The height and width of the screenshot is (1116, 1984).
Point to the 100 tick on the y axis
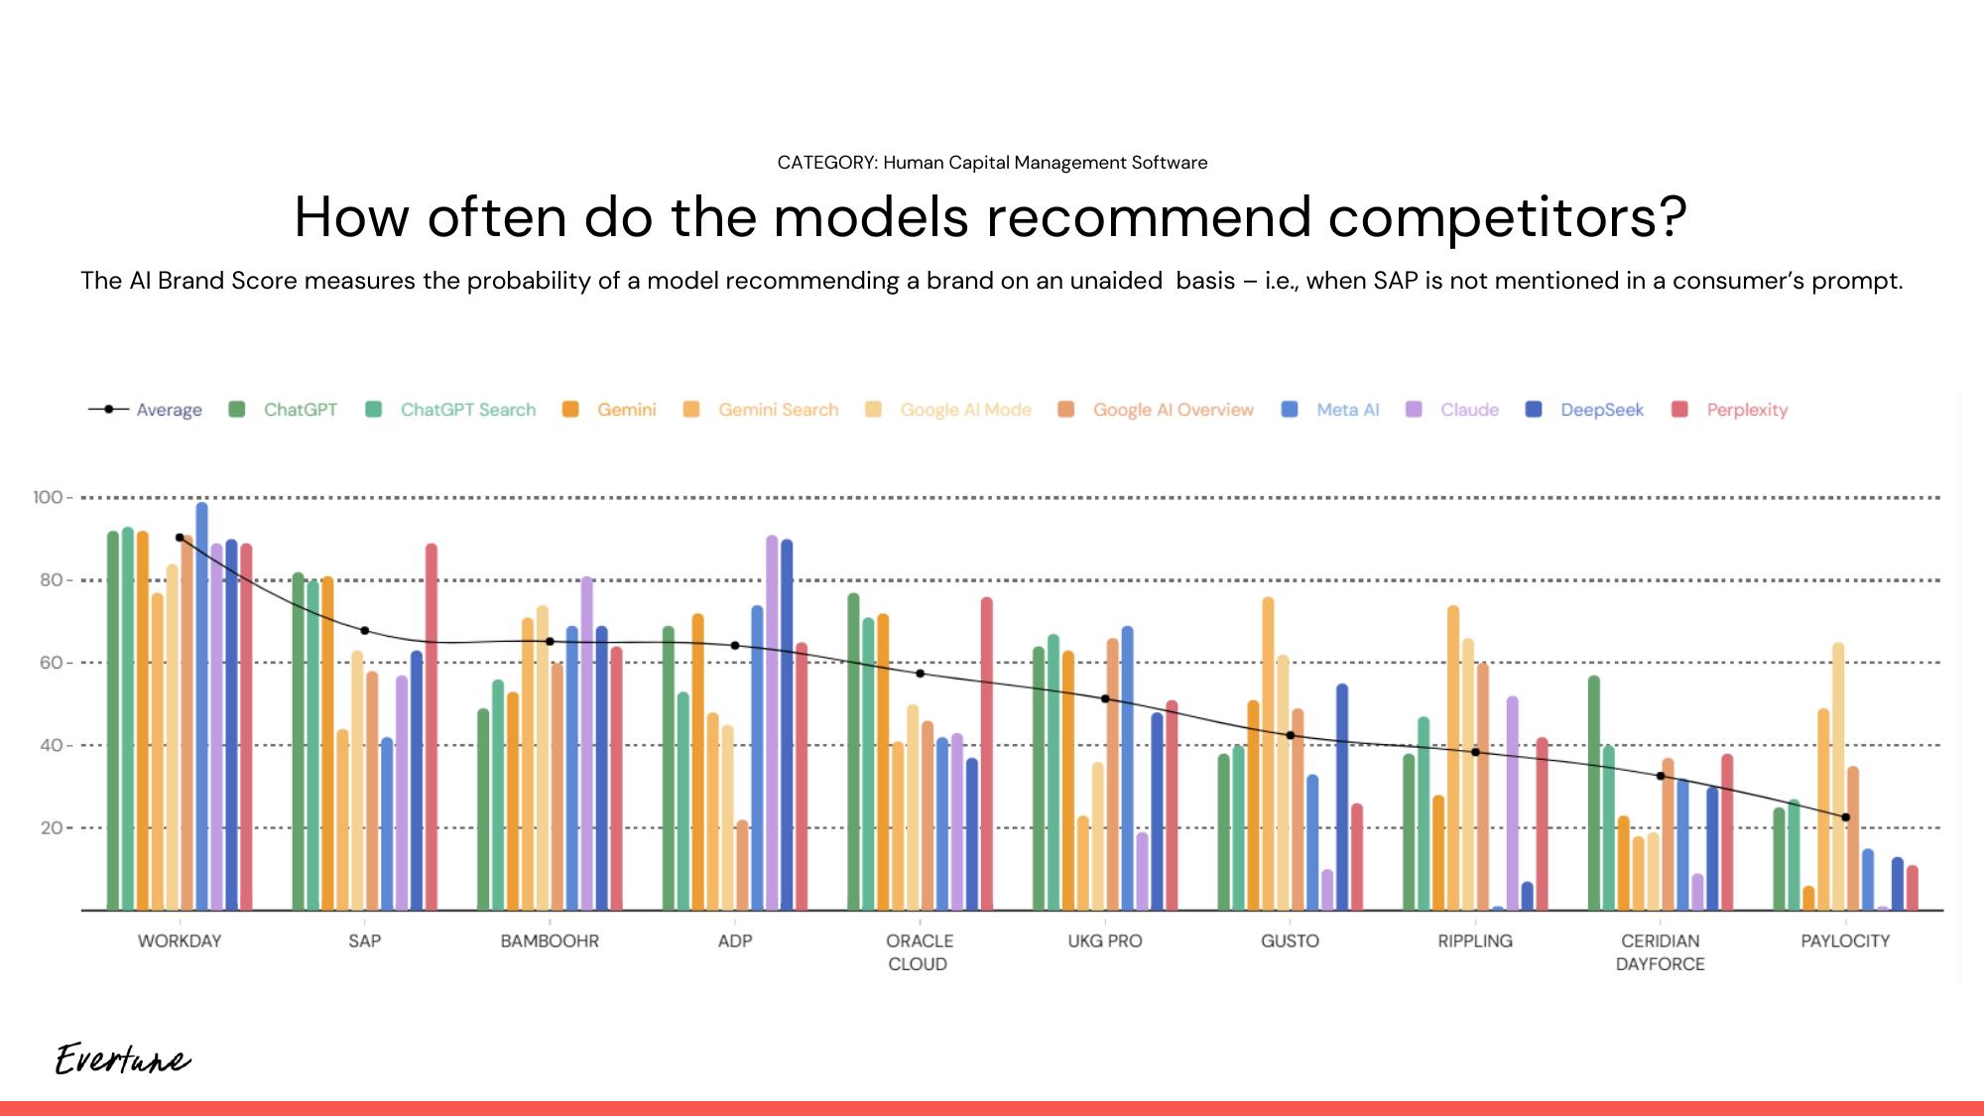(x=47, y=497)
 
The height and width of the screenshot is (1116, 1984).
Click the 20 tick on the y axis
(x=51, y=827)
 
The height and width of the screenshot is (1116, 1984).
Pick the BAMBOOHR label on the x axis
(x=550, y=940)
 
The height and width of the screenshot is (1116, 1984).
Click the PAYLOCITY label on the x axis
(x=1845, y=940)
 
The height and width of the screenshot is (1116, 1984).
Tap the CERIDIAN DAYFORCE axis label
(x=1660, y=952)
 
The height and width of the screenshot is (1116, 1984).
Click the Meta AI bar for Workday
(x=202, y=706)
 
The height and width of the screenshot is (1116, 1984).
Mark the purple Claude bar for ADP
(x=772, y=723)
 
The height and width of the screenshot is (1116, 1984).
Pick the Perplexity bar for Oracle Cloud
(x=987, y=754)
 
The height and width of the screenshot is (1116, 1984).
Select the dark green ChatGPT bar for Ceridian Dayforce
(x=1594, y=794)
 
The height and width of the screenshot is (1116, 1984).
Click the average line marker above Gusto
(x=1291, y=735)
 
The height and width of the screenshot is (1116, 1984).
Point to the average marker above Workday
(x=180, y=538)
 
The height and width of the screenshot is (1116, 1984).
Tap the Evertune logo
(x=122, y=1059)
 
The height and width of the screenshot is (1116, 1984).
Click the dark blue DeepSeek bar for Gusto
(x=1342, y=798)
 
